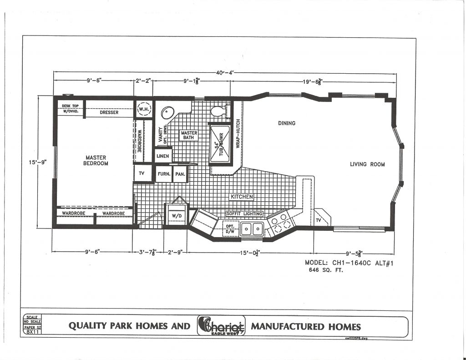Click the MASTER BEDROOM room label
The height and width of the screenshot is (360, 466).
[x=96, y=161]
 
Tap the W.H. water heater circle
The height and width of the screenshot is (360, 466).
[x=144, y=109]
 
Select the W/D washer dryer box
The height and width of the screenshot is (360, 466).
[x=177, y=216]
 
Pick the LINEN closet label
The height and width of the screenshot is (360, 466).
[x=163, y=156]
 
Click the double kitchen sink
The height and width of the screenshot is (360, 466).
[x=252, y=229]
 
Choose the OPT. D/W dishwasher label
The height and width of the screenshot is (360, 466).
[x=230, y=229]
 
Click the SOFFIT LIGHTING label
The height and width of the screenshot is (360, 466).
[x=245, y=213]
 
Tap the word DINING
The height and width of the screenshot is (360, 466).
[x=287, y=123]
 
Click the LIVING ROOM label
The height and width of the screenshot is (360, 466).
[x=367, y=164]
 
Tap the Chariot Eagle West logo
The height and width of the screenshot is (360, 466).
[x=221, y=326]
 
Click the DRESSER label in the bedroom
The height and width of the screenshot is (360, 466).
[x=109, y=112]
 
